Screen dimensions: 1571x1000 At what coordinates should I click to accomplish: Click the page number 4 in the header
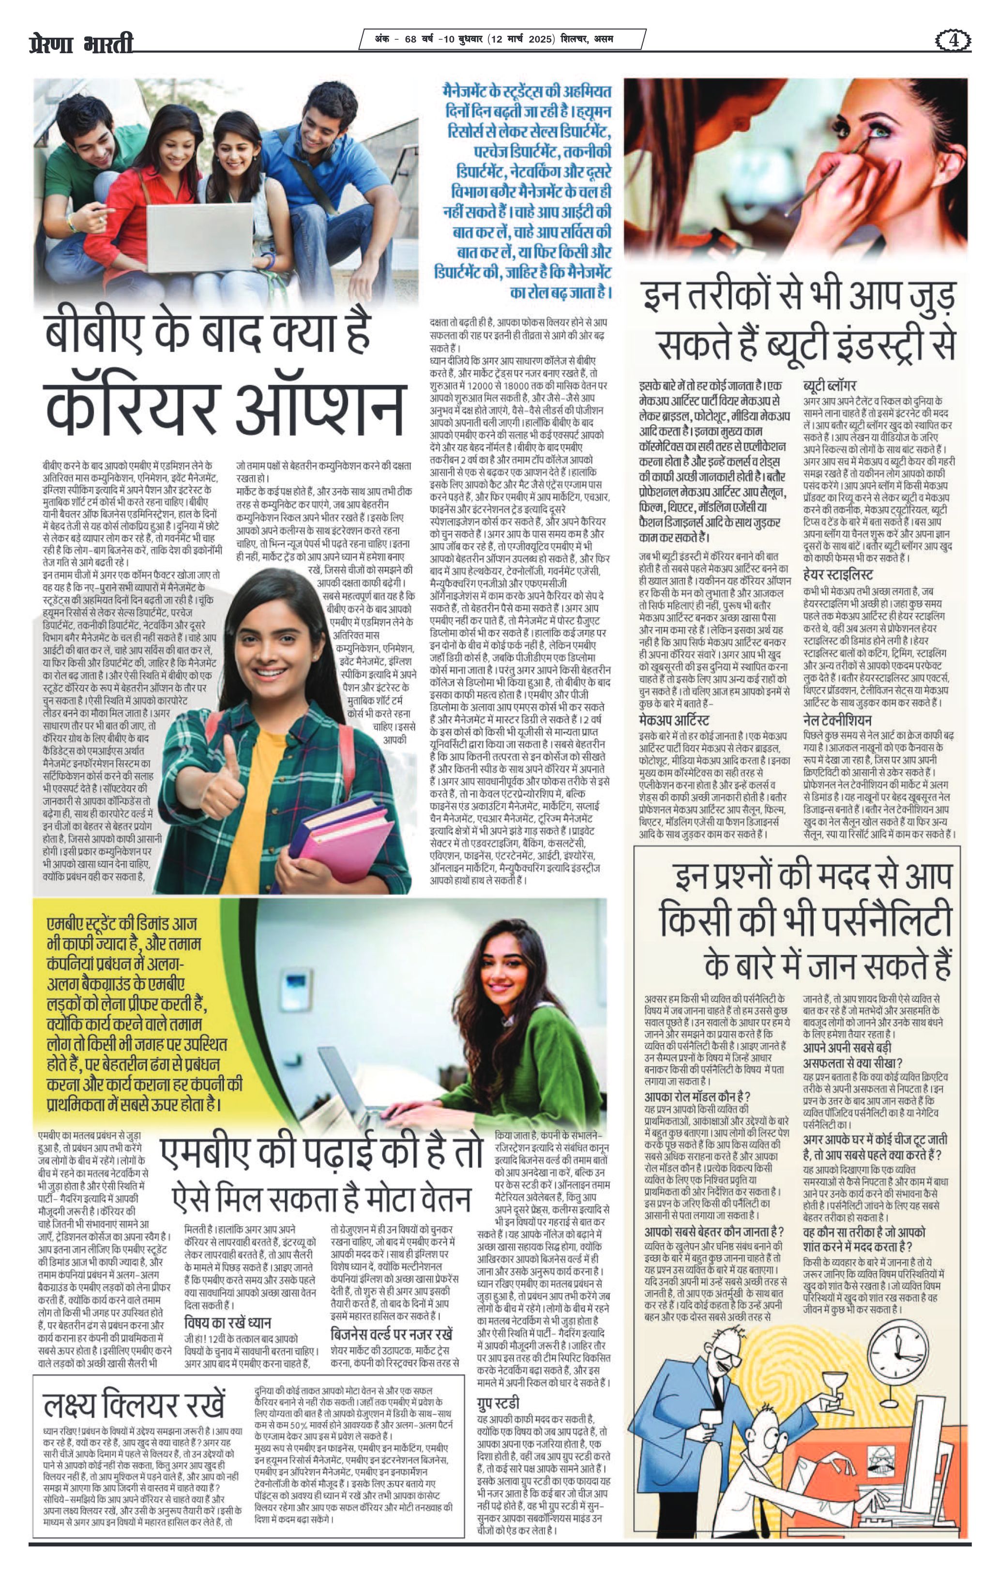(954, 41)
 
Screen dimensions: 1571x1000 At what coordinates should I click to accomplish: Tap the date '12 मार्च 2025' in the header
(521, 39)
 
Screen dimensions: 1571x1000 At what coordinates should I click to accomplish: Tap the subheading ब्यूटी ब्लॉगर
(829, 385)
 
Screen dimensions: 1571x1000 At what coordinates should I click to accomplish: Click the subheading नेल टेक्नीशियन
(837, 720)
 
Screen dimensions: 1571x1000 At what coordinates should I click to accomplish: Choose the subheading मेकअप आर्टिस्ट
(674, 720)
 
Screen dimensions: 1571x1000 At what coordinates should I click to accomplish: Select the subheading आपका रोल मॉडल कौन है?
(697, 1096)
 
